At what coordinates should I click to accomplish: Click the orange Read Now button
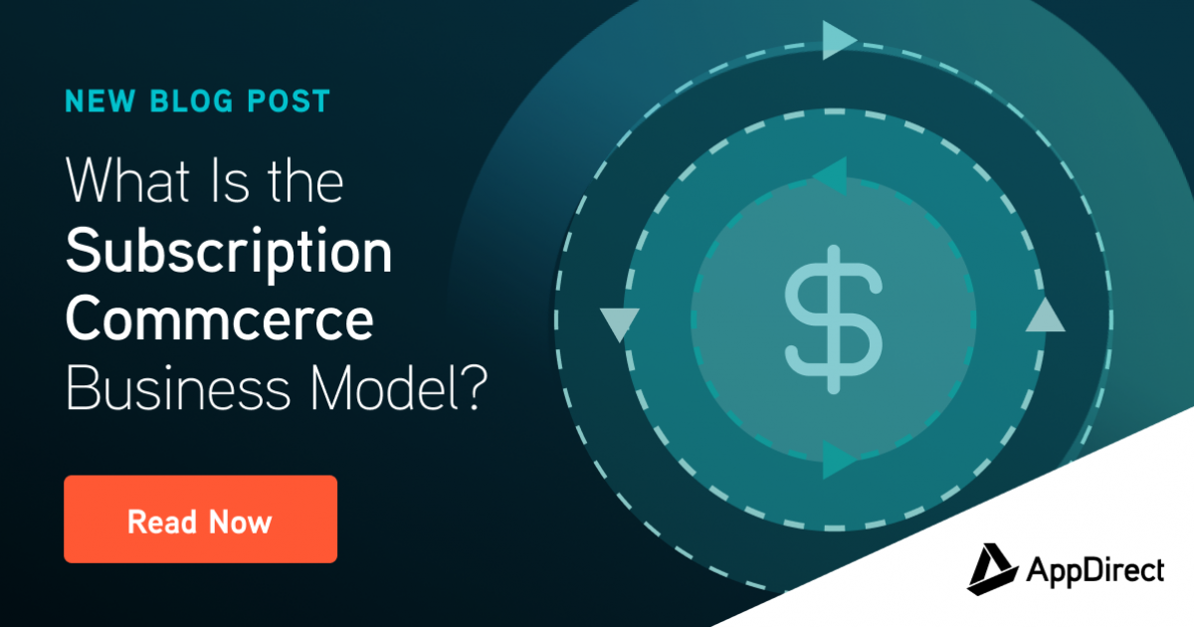200,520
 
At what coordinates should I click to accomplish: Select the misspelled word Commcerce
220,319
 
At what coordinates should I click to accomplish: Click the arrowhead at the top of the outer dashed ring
839,40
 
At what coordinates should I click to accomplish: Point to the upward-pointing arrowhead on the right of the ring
1044,316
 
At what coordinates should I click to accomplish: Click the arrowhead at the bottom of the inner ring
839,460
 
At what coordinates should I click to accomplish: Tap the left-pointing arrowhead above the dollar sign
829,177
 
